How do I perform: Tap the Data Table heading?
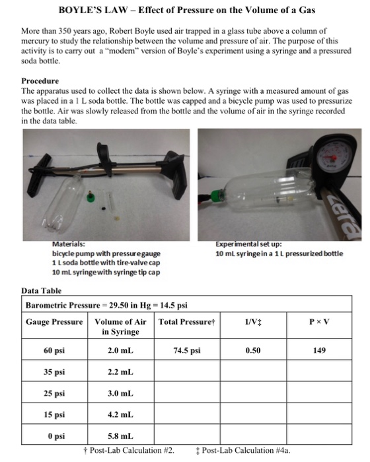[41, 290]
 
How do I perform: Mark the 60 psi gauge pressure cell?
[54, 350]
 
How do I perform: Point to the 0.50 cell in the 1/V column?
[252, 350]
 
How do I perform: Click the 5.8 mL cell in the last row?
[120, 436]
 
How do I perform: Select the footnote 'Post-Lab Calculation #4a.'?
[245, 450]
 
